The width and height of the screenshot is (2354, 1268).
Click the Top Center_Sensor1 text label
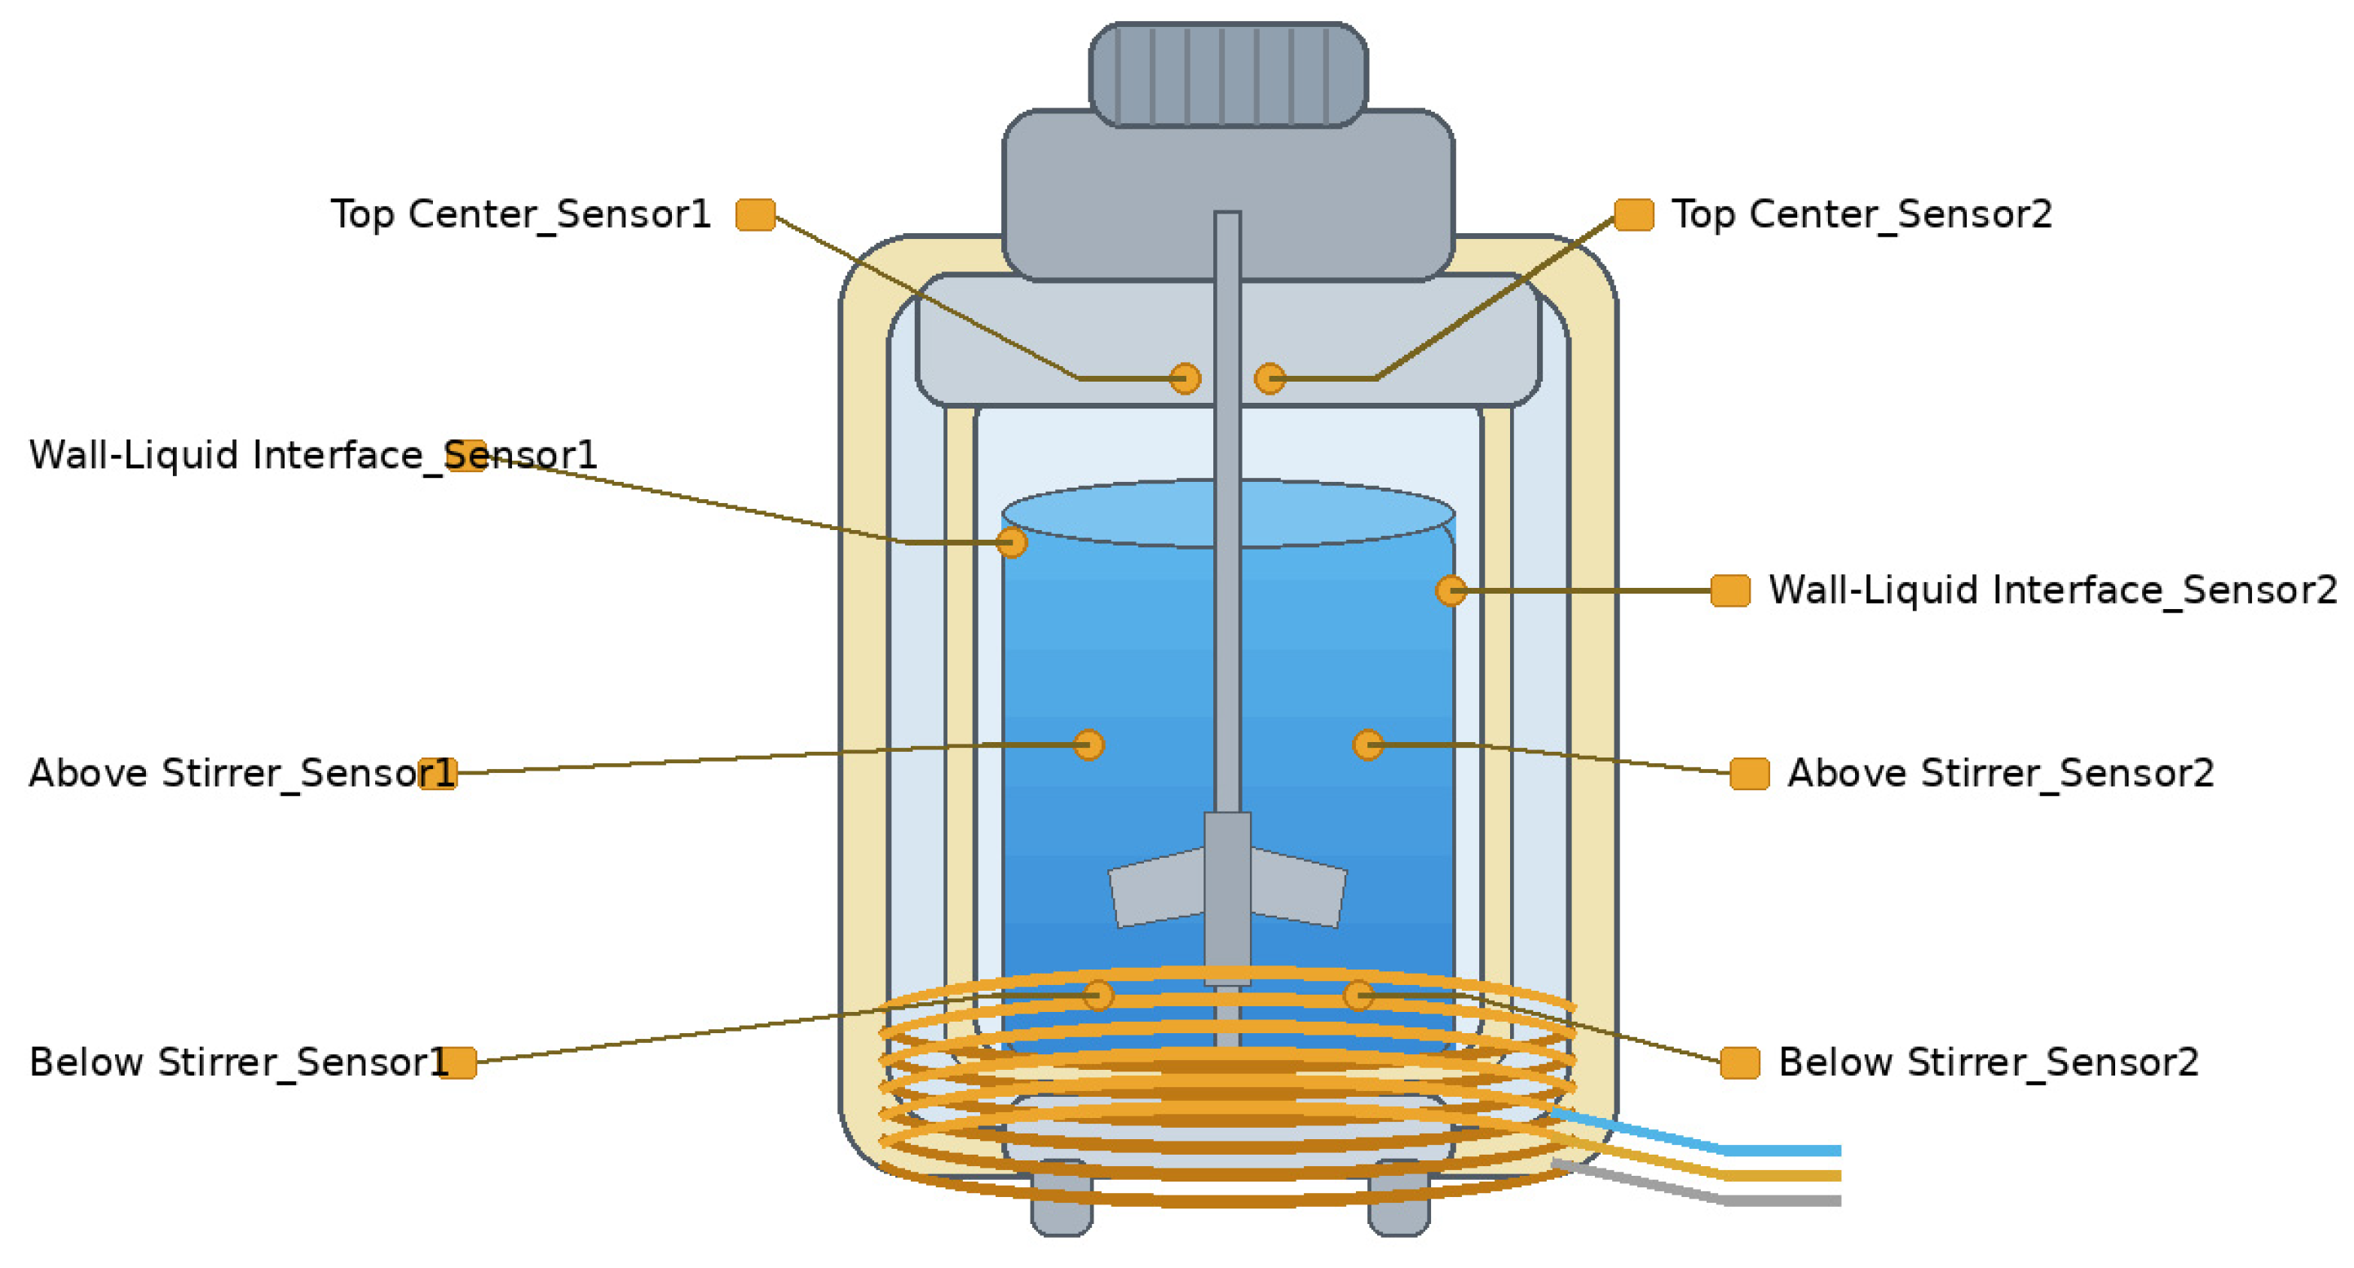coord(521,214)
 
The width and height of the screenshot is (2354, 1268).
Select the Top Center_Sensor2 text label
coord(1862,214)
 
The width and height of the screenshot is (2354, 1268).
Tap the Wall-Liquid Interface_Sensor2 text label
coord(2052,590)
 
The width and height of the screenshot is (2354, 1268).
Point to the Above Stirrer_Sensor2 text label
coord(2000,773)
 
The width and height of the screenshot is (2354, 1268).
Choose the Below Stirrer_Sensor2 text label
coord(1989,1063)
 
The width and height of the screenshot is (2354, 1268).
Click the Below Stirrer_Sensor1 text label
coord(240,1063)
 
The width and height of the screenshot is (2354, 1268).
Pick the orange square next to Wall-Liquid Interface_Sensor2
coord(1731,590)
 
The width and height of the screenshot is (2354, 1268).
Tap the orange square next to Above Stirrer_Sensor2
coord(1750,773)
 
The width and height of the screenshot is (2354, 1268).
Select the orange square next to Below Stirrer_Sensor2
coord(1740,1063)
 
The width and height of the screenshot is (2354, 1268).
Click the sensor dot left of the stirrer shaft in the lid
coord(1186,378)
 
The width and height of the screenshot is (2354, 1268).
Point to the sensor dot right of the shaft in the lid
coord(1270,378)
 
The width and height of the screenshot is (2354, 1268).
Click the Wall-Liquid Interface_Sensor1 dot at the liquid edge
coord(1012,542)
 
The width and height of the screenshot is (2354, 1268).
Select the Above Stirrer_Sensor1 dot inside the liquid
coord(1089,745)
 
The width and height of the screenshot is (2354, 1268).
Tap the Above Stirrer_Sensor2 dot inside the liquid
coord(1368,745)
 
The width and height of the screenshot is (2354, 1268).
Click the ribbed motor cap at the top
coord(1228,74)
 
